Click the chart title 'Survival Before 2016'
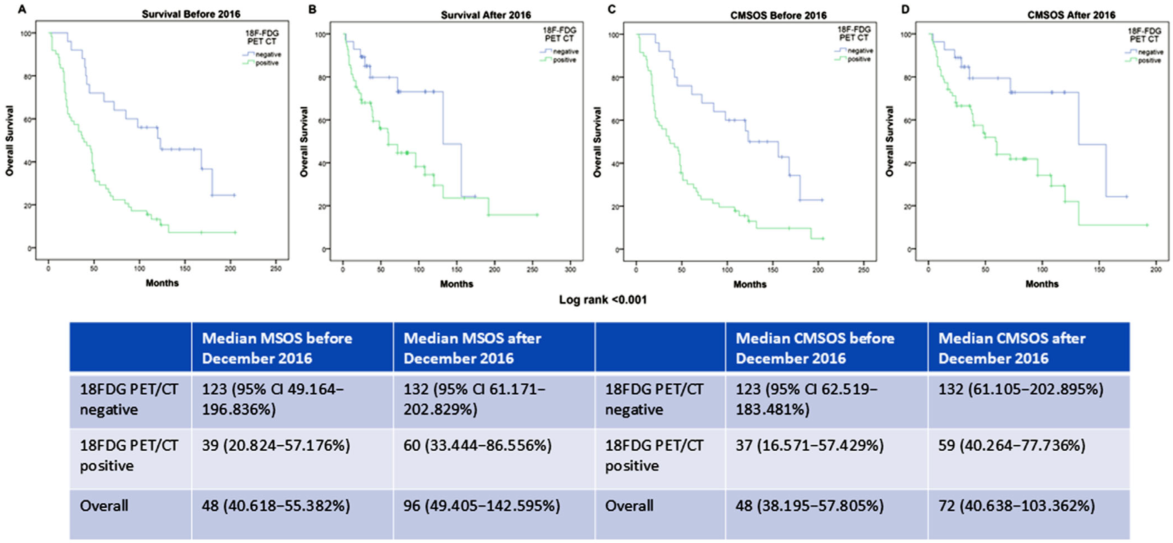point(191,14)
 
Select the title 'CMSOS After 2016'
point(1071,15)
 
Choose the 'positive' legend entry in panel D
point(1149,61)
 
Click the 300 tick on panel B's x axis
point(570,270)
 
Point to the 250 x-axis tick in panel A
point(275,268)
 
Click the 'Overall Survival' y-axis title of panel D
point(889,141)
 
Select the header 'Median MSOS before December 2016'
point(277,348)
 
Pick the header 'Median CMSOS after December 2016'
point(1012,348)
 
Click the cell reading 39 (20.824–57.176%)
point(276,445)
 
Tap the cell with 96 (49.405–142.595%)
point(482,506)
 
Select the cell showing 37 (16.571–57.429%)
point(810,445)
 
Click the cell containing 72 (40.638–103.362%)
point(1016,506)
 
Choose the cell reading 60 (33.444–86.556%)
point(477,445)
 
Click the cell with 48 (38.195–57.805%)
point(810,506)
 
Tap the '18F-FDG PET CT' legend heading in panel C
point(854,33)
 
